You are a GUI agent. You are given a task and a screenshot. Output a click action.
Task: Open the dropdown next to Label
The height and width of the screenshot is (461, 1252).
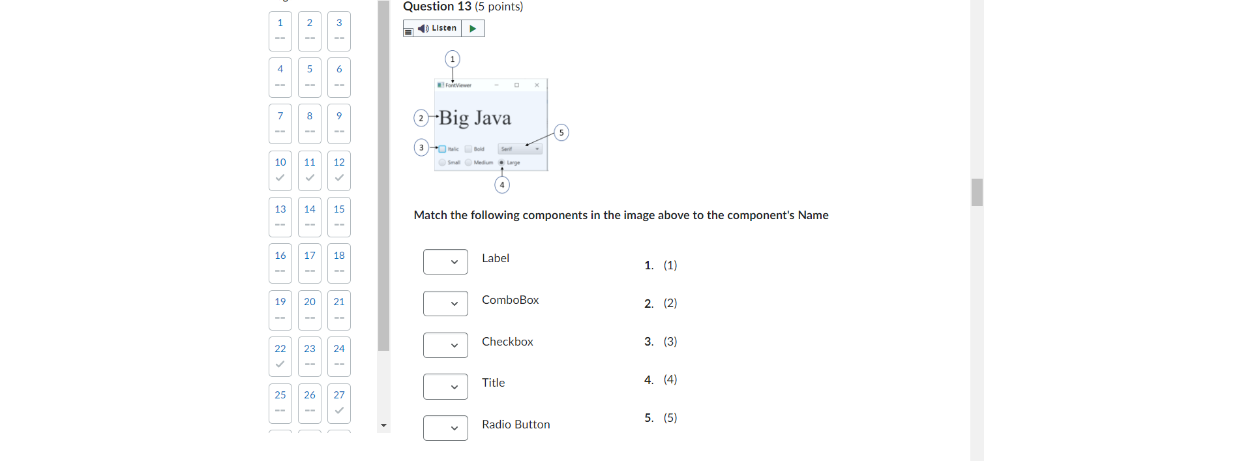(445, 262)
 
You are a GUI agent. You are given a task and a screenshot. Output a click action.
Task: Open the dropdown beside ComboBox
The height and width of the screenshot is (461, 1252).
(445, 304)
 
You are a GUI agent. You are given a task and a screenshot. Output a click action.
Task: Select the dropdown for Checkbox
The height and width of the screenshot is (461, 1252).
(445, 346)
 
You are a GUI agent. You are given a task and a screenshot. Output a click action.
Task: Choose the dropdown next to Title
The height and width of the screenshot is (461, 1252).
(445, 387)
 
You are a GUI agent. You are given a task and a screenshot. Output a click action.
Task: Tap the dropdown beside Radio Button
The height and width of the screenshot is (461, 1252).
(445, 428)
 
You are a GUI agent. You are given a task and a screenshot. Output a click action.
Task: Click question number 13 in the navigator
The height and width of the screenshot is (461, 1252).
(280, 216)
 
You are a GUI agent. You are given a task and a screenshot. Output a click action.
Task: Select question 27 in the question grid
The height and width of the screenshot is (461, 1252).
(339, 403)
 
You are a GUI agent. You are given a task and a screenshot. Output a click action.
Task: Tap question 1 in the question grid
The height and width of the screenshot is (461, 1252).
(280, 31)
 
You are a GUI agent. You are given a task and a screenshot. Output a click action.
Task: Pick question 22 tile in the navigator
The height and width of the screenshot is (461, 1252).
(280, 356)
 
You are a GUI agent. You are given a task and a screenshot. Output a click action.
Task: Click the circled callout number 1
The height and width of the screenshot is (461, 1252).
(453, 59)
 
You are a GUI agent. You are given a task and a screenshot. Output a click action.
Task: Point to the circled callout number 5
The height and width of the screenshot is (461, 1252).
(561, 133)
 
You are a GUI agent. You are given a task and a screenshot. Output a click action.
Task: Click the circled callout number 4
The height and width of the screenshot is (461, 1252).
(502, 185)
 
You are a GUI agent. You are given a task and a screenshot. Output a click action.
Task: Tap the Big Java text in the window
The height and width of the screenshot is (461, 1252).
(475, 118)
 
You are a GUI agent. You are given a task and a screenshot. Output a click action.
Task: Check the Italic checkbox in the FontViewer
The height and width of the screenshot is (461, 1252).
(443, 149)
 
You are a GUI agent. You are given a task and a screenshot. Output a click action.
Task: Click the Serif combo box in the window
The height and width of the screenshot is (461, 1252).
(520, 149)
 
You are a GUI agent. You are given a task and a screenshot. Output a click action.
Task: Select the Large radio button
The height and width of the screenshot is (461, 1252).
(501, 162)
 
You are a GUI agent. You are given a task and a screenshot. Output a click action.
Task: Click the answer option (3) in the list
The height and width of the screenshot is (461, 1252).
(670, 342)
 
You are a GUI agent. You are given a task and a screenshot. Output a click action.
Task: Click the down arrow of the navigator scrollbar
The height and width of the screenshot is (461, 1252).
(383, 425)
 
